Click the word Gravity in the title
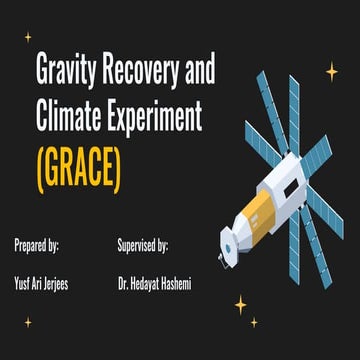[68, 73]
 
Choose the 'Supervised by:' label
[142, 244]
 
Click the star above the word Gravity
[28, 37]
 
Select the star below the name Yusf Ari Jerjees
[28, 322]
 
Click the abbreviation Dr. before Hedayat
[123, 284]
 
